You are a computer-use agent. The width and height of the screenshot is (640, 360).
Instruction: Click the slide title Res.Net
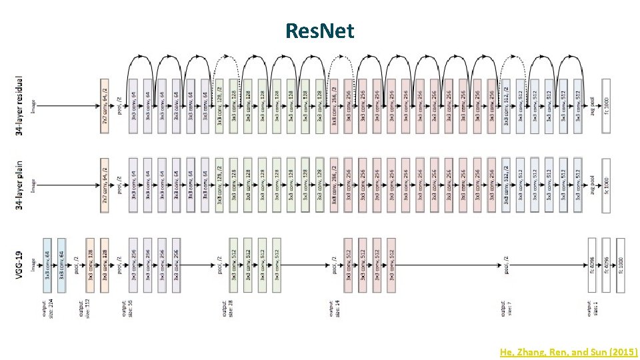pyautogui.click(x=319, y=30)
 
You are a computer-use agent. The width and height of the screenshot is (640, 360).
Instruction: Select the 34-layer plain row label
pyautogui.click(x=20, y=185)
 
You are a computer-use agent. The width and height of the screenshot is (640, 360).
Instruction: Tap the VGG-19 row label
pyautogui.click(x=19, y=265)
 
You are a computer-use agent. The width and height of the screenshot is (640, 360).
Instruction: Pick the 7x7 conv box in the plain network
pyautogui.click(x=105, y=185)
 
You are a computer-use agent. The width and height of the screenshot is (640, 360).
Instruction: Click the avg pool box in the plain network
pyautogui.click(x=591, y=185)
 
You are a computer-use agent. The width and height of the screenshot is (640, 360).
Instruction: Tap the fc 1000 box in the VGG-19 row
pyautogui.click(x=620, y=265)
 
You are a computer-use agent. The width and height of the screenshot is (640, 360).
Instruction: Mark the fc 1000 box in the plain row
pyautogui.click(x=605, y=185)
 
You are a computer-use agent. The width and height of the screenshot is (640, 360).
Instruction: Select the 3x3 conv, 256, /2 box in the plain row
pyautogui.click(x=333, y=185)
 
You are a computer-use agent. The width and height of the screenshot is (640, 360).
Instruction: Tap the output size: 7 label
pyautogui.click(x=506, y=310)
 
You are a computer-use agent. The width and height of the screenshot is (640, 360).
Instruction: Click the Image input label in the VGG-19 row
pyautogui.click(x=33, y=265)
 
